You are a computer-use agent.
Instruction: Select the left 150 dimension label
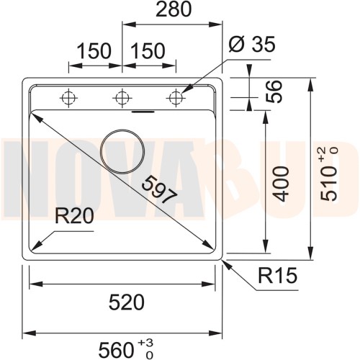94,51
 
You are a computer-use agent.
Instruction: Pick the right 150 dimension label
148,51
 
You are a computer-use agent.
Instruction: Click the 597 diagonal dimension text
160,189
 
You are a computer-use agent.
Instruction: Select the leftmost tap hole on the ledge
69,96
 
